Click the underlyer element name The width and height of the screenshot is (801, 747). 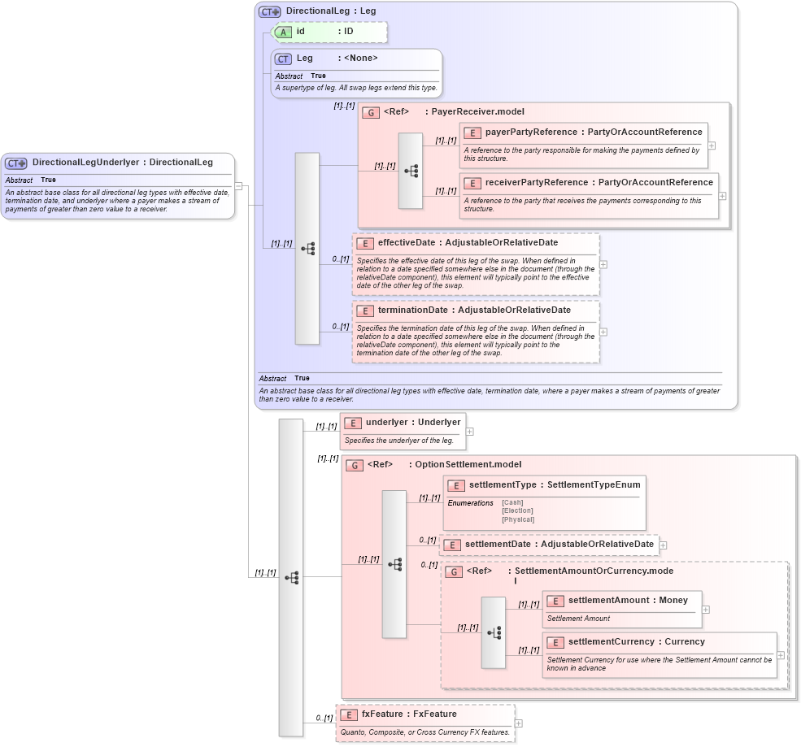click(386, 422)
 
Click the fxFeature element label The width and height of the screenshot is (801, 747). click(382, 714)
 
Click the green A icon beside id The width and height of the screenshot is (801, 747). click(284, 32)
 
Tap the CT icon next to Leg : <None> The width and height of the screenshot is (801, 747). click(283, 59)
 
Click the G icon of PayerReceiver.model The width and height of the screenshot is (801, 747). click(371, 112)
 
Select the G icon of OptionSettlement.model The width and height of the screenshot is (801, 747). click(355, 465)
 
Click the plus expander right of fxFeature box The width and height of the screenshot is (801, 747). click(519, 723)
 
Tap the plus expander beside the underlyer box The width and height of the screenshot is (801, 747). click(469, 432)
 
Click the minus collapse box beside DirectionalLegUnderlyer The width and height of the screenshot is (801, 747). click(238, 185)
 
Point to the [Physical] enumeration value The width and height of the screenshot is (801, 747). click(518, 519)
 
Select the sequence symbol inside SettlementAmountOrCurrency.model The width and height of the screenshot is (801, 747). click(494, 632)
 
